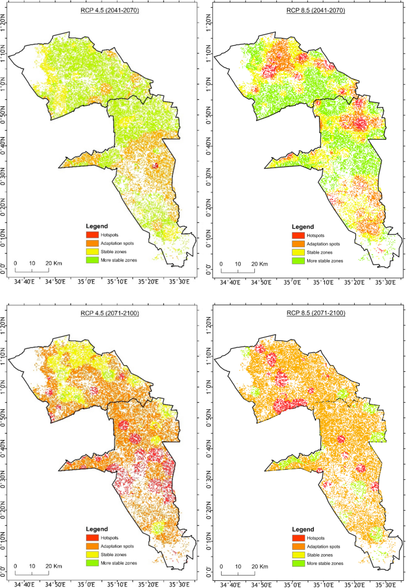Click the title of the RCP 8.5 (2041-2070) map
point(307,11)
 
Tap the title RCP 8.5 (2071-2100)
point(307,313)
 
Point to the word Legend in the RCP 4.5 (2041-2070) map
point(97,227)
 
